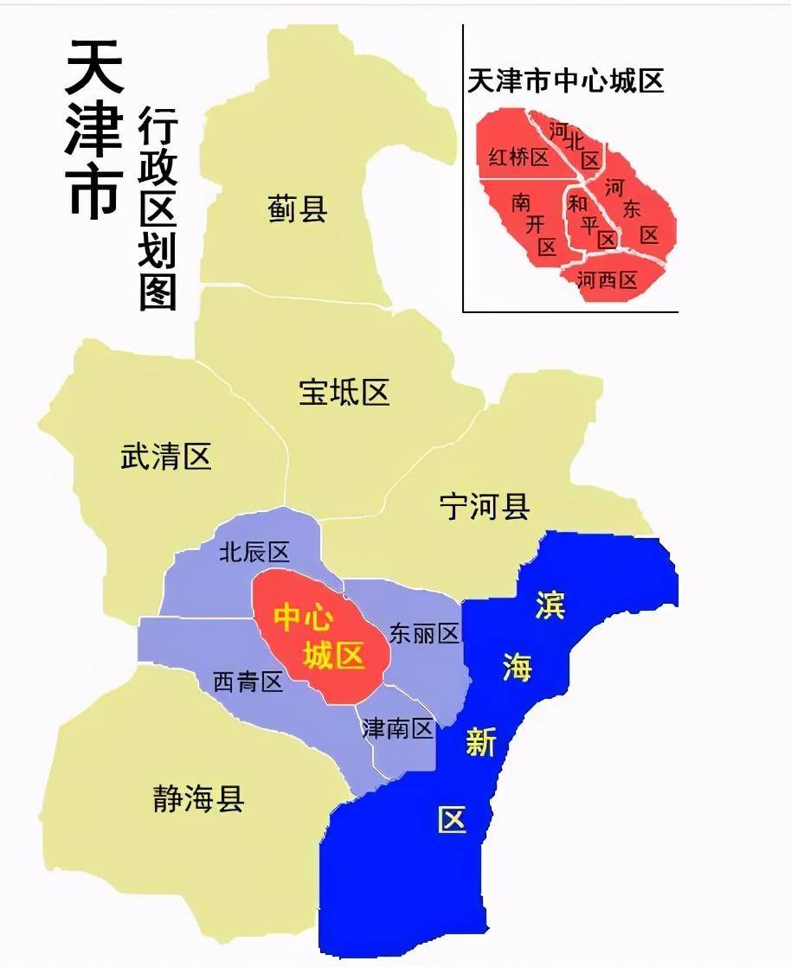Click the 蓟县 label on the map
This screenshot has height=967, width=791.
(x=297, y=208)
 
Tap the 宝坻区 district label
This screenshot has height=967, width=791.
(x=344, y=392)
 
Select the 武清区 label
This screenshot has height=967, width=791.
(x=165, y=456)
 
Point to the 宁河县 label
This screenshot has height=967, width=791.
(x=484, y=506)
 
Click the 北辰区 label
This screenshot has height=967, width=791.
(x=254, y=552)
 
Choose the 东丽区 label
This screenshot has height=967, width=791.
(x=424, y=633)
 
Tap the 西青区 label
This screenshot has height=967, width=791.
(x=248, y=682)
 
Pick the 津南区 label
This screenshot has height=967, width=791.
(x=397, y=728)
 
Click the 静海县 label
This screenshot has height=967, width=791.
(x=198, y=797)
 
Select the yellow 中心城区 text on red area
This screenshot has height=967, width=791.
(x=319, y=636)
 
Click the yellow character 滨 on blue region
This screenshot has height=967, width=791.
(x=550, y=605)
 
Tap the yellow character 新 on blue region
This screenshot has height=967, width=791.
(x=480, y=742)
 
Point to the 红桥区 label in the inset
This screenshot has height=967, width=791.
(x=518, y=157)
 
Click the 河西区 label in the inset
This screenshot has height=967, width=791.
(x=607, y=279)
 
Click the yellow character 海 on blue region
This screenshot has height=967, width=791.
(x=518, y=667)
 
